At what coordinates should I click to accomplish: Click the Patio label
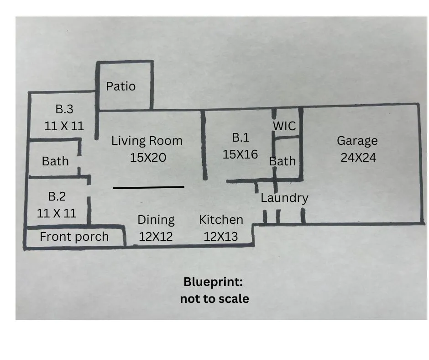tap(120, 86)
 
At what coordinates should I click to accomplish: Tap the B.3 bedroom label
tap(64, 109)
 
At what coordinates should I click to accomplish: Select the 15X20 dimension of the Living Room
tap(148, 158)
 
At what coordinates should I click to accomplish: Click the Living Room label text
tap(147, 141)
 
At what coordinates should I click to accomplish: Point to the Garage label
tap(357, 141)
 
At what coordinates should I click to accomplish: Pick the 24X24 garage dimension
tap(358, 158)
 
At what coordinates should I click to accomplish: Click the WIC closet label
tap(284, 126)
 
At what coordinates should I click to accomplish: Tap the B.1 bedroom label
tap(241, 138)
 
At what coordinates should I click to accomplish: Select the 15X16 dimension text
tap(240, 154)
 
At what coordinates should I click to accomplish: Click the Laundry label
tap(284, 198)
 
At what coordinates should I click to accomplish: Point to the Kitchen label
tap(221, 220)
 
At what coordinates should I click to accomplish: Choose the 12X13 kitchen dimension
tap(221, 237)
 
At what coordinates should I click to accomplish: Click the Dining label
tap(156, 220)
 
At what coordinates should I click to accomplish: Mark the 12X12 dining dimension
tap(156, 237)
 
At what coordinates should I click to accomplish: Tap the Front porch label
tap(74, 237)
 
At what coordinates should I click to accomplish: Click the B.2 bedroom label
tap(57, 196)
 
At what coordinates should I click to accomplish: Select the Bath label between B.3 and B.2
tap(55, 161)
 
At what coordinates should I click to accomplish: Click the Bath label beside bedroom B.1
tap(283, 161)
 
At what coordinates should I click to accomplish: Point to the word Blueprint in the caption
tap(213, 282)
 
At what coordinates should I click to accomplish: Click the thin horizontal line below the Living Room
tap(149, 187)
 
